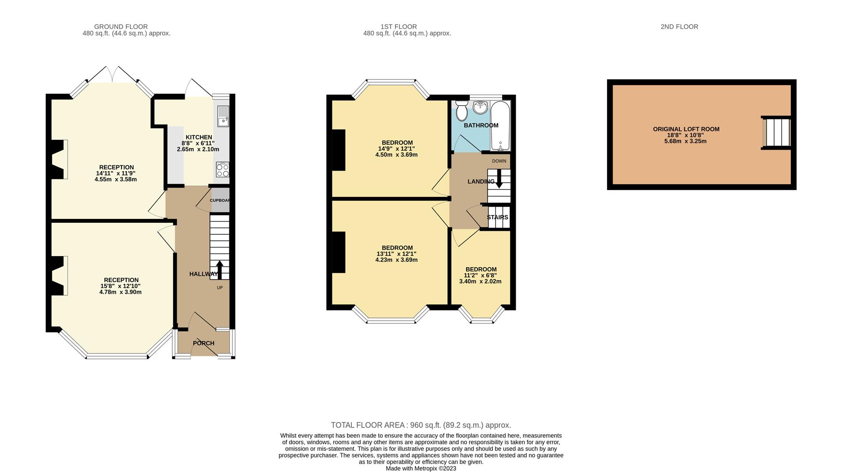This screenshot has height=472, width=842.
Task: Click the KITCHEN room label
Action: point(199,137)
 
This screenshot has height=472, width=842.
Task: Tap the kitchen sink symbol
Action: point(223,116)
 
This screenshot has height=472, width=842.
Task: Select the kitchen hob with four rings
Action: point(222,170)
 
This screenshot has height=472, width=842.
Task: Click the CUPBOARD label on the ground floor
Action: point(220,200)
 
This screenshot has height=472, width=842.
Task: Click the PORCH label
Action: point(203,343)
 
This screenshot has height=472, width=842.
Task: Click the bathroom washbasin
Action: point(481,106)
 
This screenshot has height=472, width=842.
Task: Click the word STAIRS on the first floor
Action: point(497,217)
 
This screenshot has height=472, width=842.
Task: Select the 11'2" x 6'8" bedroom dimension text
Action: point(481,275)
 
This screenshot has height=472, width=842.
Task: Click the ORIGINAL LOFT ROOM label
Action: point(686,129)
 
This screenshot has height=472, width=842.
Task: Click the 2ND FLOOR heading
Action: point(679,27)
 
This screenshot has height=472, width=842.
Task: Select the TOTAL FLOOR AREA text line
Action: point(421,425)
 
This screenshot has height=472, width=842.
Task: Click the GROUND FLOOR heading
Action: point(121,27)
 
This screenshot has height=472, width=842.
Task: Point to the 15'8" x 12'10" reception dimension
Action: point(121,286)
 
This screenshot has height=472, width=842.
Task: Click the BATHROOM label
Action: point(481,125)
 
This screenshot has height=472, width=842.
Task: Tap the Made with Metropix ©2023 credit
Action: point(421,468)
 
